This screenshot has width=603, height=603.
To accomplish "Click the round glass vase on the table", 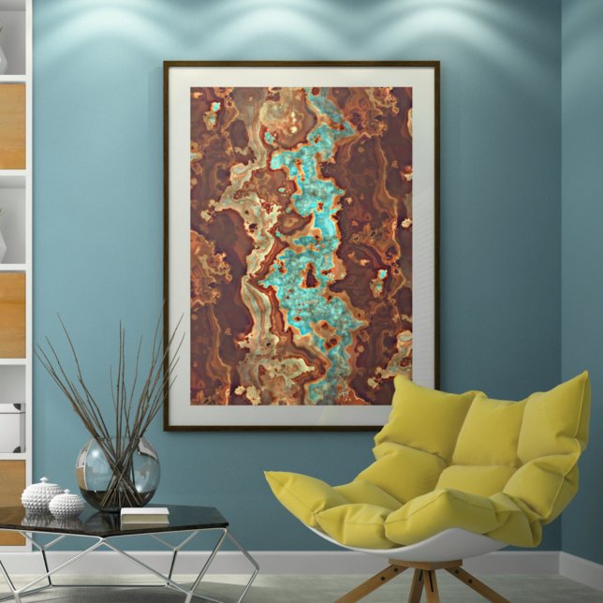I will coord(117,474).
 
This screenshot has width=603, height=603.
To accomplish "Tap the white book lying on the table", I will coord(144,514).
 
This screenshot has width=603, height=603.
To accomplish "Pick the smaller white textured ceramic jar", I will coord(66,506).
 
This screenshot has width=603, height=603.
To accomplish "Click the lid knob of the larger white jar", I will coord(43,480).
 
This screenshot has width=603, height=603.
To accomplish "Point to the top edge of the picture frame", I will coord(301,64).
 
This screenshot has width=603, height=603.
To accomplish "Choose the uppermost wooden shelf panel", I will coord(12,126).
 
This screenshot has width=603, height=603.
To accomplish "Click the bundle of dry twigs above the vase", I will coord(112,384).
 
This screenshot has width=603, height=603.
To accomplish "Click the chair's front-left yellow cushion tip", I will coord(281,487).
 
